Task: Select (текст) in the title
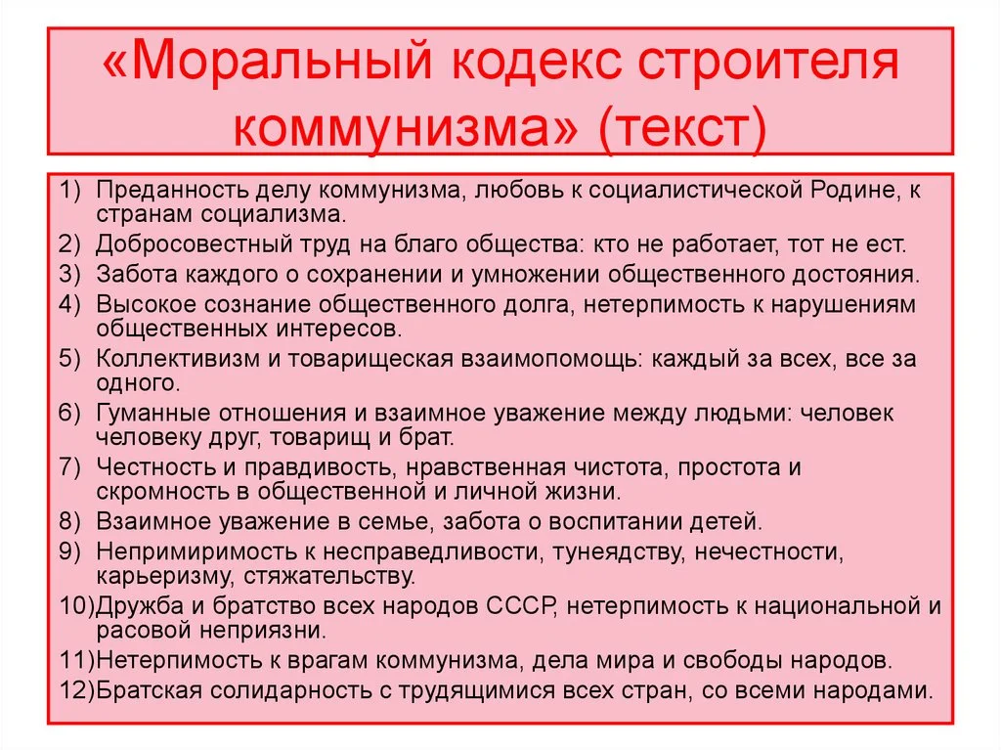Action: (682, 128)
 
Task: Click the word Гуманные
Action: (145, 413)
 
